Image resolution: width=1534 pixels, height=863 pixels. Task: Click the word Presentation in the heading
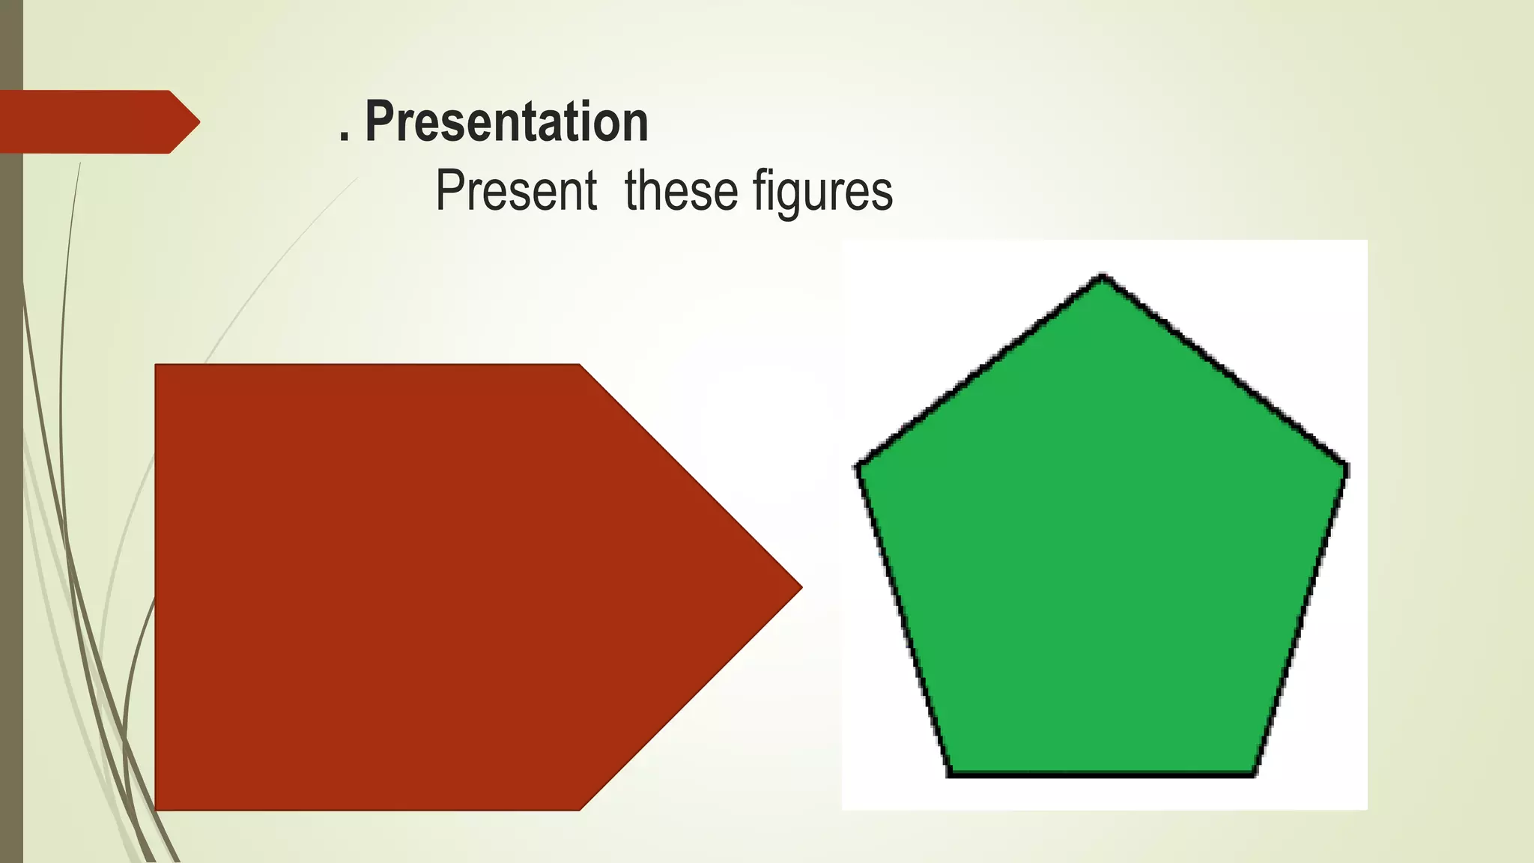tap(506, 122)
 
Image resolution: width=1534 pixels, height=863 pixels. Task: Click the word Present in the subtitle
tap(516, 191)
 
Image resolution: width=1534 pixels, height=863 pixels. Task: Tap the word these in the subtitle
tap(680, 191)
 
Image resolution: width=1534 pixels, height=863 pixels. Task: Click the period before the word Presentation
tap(344, 137)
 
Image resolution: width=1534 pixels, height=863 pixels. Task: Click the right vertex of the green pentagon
tap(1346, 469)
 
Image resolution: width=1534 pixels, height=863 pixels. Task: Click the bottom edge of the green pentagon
tap(1101, 774)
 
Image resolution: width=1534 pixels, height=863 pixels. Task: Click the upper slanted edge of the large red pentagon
tap(691, 476)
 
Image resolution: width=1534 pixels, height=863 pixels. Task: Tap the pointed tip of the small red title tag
tap(198, 122)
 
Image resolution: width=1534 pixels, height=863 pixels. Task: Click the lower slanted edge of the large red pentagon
tap(691, 698)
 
